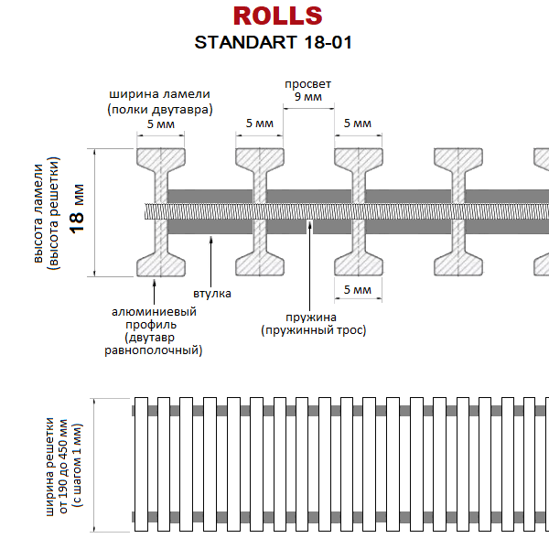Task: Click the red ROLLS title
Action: (x=277, y=16)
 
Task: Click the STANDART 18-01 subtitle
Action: (x=273, y=42)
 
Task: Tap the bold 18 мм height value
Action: (x=77, y=209)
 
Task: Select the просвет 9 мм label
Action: (x=307, y=90)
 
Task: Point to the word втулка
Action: (x=212, y=294)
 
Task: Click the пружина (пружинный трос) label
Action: (x=313, y=324)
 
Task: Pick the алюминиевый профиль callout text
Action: (x=154, y=330)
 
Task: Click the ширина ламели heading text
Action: (x=160, y=102)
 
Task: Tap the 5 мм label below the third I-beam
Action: (x=358, y=289)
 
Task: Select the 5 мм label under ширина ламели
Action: (x=161, y=124)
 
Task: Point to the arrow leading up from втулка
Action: (x=210, y=261)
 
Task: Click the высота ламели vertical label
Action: (x=47, y=213)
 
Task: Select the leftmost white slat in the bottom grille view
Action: (x=141, y=464)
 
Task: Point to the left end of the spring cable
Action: (x=145, y=211)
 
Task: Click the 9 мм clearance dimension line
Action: (x=308, y=109)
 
